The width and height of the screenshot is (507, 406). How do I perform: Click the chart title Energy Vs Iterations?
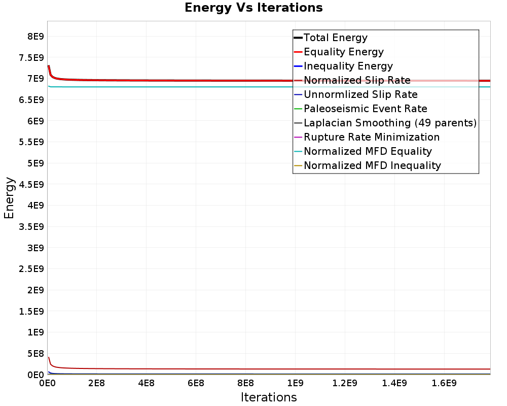[253, 8]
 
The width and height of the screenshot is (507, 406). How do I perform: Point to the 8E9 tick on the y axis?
[35, 36]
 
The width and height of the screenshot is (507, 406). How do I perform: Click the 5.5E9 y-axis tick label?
[31, 142]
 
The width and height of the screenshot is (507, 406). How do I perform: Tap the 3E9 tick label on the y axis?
[35, 248]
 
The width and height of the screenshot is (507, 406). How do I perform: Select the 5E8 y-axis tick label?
[35, 354]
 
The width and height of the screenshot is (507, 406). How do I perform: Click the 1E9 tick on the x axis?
[295, 383]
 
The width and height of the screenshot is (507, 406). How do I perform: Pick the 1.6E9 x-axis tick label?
[444, 383]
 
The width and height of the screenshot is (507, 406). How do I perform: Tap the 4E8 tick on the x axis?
[146, 383]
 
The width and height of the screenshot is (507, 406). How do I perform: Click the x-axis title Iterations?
[269, 397]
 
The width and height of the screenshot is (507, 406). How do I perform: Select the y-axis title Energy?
[9, 198]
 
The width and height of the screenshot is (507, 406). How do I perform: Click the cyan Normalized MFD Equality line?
[269, 87]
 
